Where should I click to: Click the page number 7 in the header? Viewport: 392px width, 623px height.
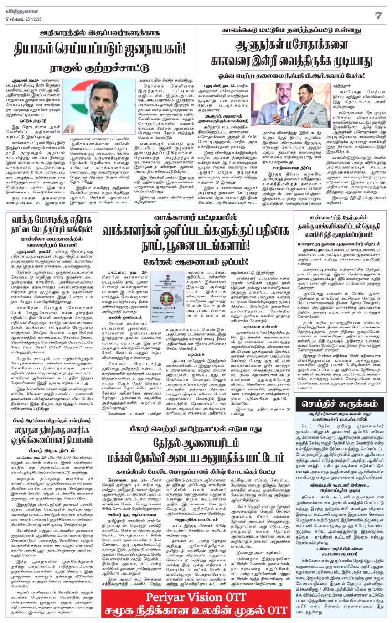click(378, 15)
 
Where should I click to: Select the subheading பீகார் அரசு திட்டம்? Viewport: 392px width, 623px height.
click(50, 457)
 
